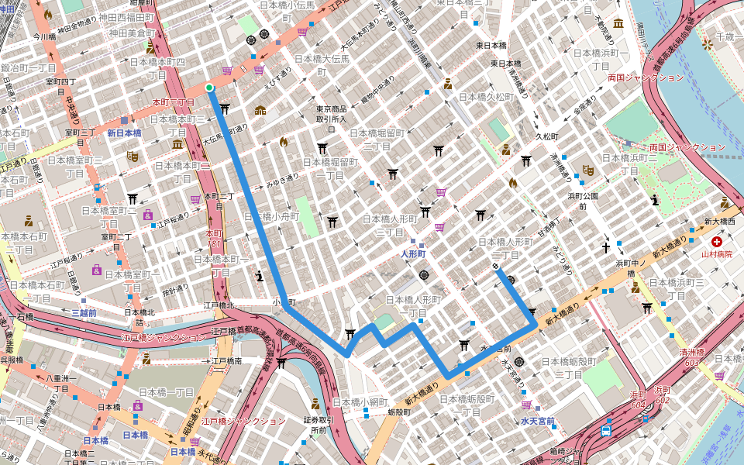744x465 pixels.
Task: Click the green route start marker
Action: tap(209, 88)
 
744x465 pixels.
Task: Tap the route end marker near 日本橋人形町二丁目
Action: tap(495, 267)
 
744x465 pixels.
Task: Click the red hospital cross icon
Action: tap(716, 242)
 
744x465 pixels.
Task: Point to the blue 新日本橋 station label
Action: tap(124, 133)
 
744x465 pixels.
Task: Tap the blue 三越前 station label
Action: tap(84, 313)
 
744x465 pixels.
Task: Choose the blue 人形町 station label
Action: tap(415, 253)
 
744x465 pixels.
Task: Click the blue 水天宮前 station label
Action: tap(537, 422)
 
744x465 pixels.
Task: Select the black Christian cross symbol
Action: tap(606, 248)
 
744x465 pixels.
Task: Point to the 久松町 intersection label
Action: tap(547, 136)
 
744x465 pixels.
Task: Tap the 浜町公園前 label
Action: tap(582, 201)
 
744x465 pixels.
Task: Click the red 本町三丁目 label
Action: tap(173, 102)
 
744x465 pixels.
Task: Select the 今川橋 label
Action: tap(44, 36)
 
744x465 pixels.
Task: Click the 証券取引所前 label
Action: tap(319, 425)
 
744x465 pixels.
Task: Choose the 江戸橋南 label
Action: tap(227, 361)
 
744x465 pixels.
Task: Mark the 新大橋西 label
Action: tap(718, 222)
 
